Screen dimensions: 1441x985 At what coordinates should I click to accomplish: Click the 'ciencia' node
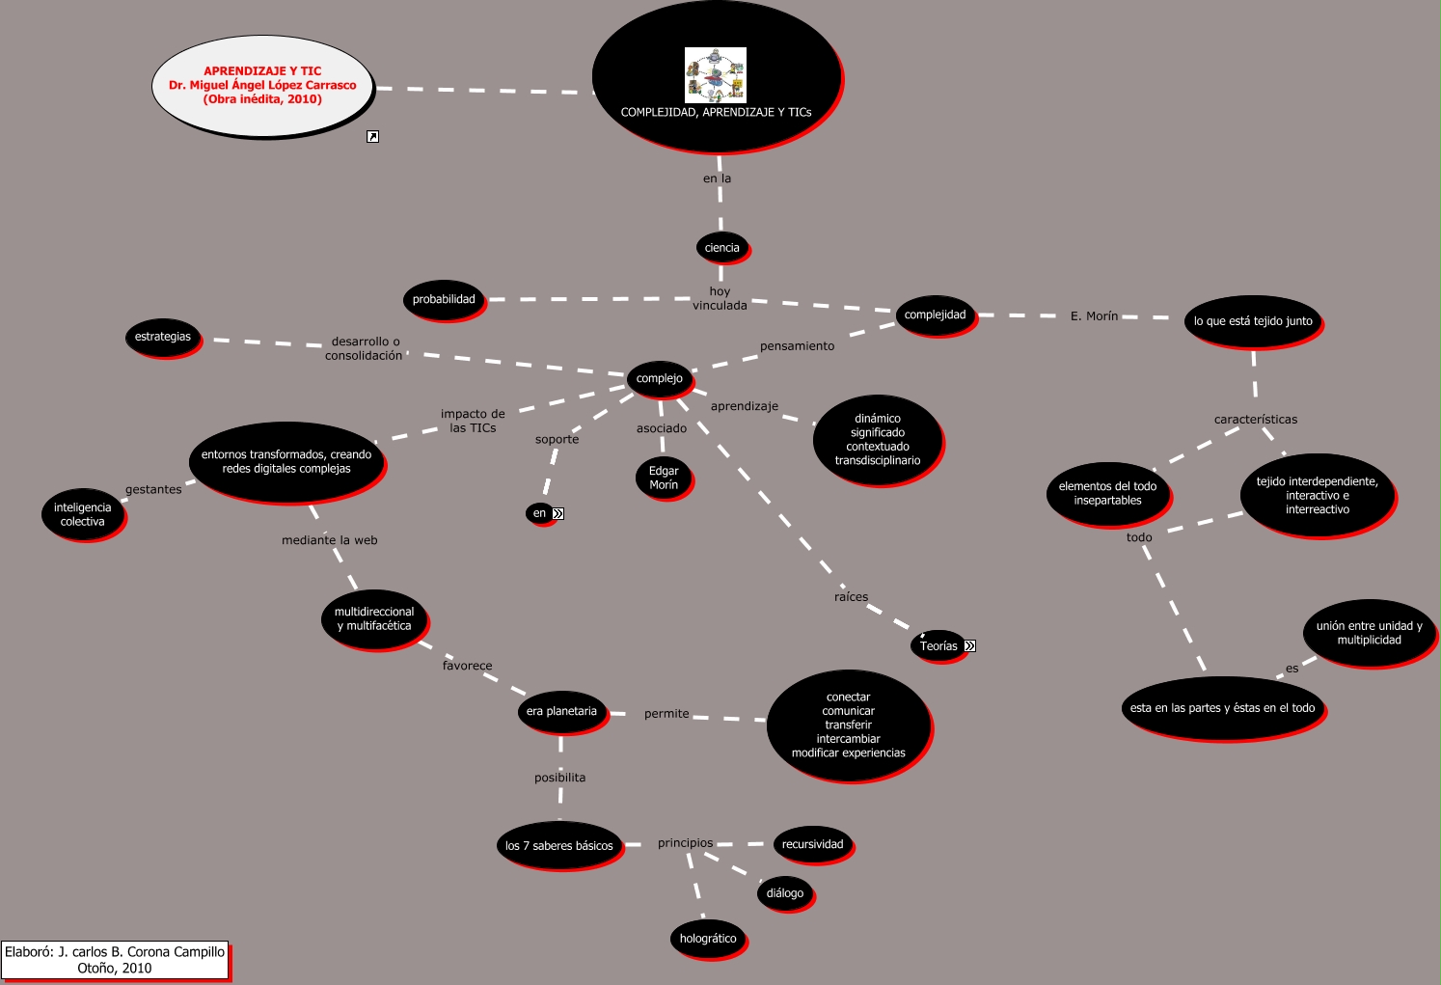coord(721,248)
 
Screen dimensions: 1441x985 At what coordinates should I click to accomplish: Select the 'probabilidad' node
coord(444,299)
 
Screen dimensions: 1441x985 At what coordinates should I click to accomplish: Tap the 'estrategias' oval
coord(163,337)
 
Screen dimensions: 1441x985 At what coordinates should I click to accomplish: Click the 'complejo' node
coord(659,378)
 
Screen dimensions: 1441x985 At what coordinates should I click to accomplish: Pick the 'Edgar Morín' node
coord(664,478)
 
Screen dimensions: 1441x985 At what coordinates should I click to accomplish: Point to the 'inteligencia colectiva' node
coord(83,514)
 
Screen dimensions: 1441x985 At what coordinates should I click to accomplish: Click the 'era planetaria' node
coord(561,711)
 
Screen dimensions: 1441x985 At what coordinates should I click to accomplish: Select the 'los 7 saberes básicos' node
coord(559,846)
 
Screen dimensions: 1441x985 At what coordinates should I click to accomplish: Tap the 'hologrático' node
coord(708,939)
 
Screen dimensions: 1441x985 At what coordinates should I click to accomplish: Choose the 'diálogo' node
coord(785,893)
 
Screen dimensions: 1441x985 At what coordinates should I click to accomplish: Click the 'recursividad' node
coord(812,844)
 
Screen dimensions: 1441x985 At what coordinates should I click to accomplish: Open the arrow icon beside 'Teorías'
coord(969,646)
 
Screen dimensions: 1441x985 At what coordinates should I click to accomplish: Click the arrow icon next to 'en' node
coord(557,513)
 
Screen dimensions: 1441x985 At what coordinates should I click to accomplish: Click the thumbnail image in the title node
coord(716,75)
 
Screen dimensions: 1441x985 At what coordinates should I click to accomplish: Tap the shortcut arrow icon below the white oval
coord(372,137)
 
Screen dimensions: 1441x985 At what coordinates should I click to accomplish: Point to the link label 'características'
coord(1256,420)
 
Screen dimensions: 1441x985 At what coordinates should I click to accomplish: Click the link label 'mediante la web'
coord(330,540)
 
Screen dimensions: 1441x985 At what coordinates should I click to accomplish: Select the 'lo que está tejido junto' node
coord(1253,321)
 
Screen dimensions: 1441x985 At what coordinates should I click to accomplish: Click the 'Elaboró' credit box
coord(115,960)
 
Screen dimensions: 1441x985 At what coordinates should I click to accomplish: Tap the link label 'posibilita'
coord(560,778)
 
